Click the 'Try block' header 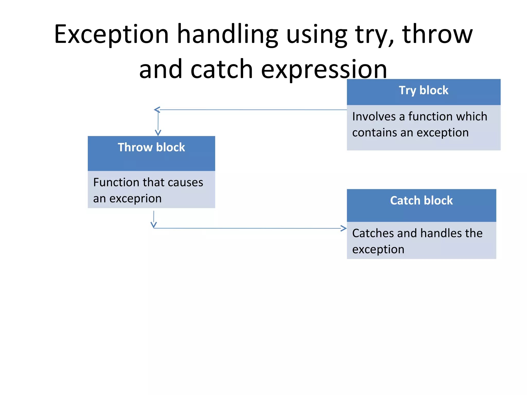pos(423,91)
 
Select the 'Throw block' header pos(151,148)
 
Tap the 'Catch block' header pos(421,201)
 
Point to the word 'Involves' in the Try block pos(374,116)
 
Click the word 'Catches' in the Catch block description pos(373,233)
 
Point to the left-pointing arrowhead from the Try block pos(156,110)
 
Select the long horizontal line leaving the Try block pos(252,110)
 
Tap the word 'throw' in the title pos(437,34)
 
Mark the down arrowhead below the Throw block pos(154,225)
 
